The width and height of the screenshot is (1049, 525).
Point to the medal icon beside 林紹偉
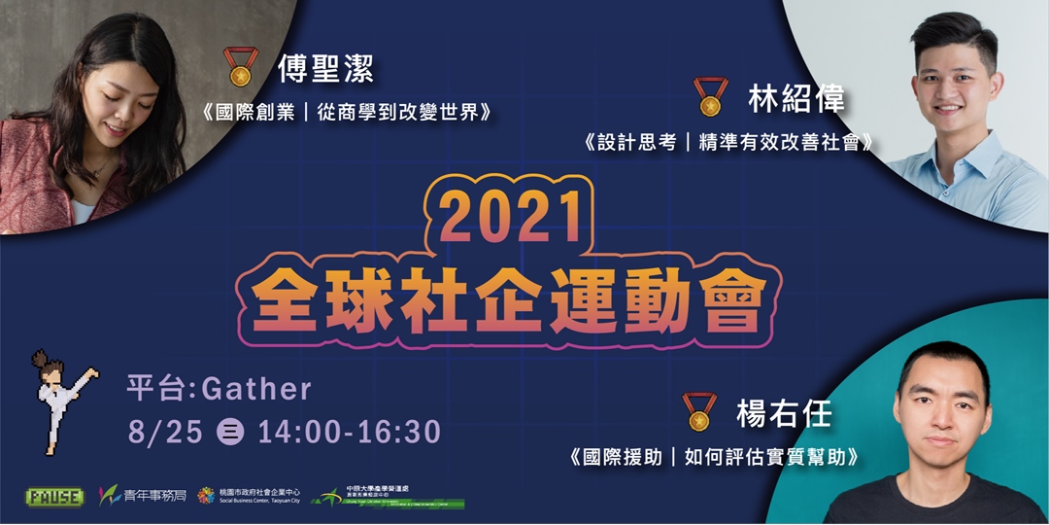[x=711, y=97]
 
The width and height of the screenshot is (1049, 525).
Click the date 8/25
[x=165, y=432]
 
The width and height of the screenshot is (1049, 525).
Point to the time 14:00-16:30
[x=349, y=432]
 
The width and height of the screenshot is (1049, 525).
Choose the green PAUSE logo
[x=54, y=496]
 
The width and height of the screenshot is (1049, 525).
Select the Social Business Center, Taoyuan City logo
[x=249, y=496]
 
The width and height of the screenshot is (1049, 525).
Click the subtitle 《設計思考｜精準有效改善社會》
[x=728, y=142]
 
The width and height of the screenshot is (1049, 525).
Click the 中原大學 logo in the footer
[x=389, y=496]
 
